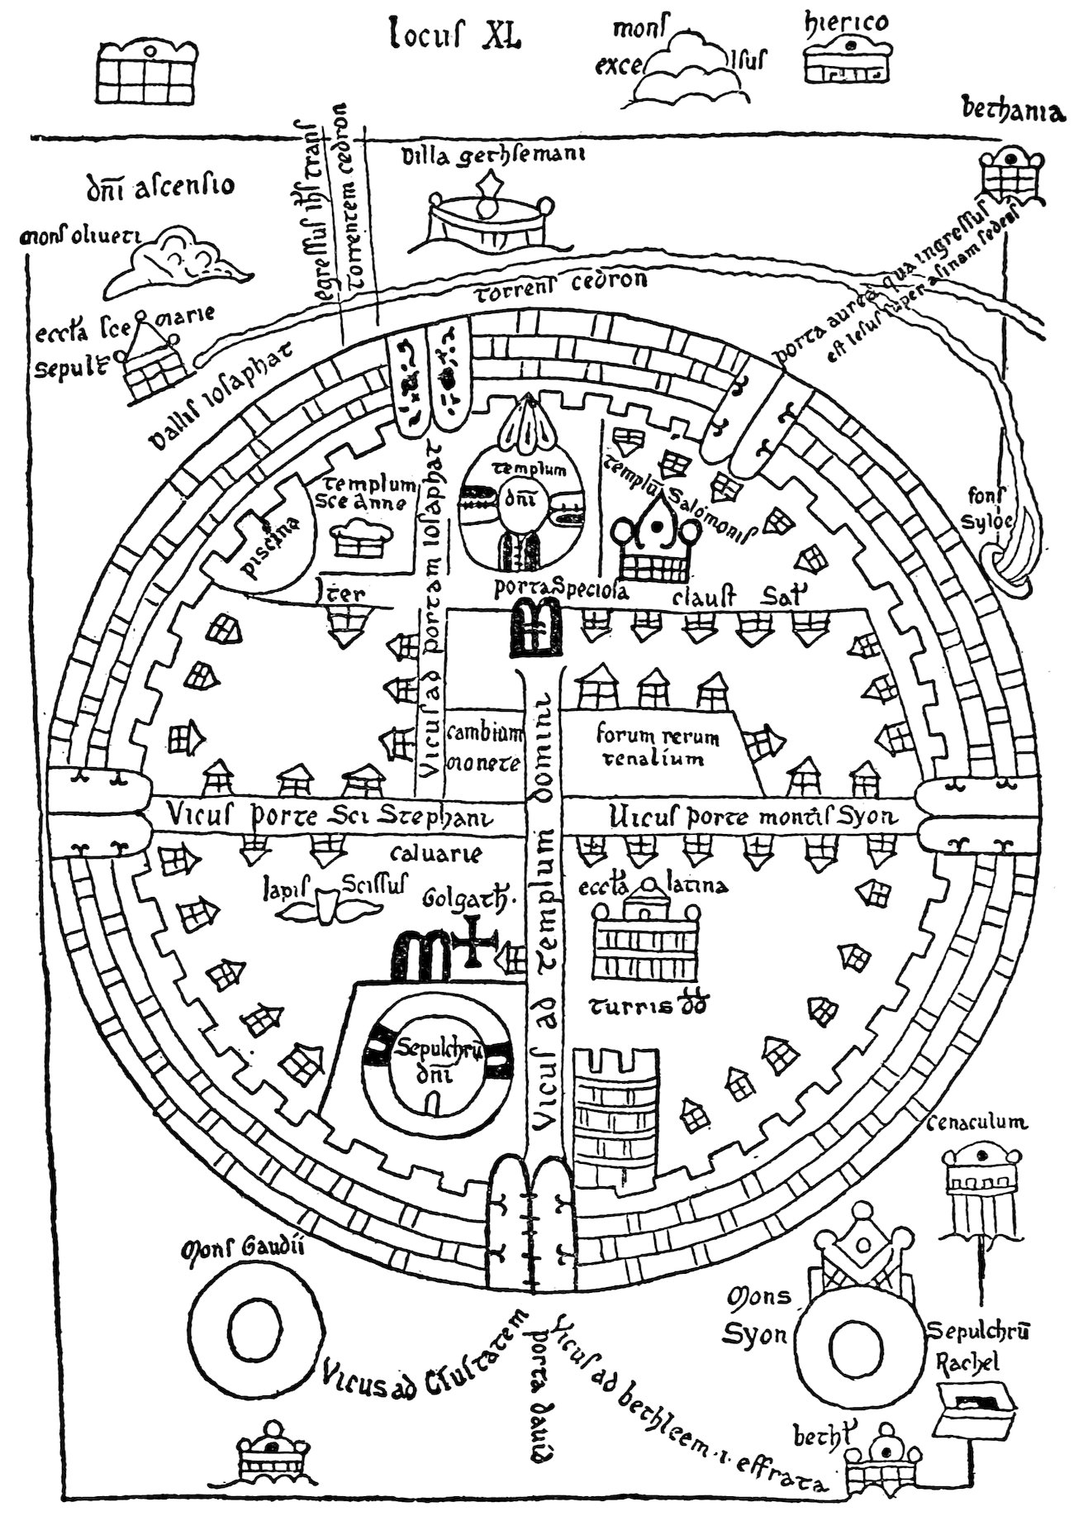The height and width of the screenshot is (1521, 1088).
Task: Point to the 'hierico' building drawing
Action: click(847, 60)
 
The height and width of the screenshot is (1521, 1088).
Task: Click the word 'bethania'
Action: click(1012, 110)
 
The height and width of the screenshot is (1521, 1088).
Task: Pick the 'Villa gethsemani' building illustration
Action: click(490, 212)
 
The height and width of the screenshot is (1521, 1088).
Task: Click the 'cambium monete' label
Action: click(484, 748)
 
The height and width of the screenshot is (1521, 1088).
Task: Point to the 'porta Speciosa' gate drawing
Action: click(534, 628)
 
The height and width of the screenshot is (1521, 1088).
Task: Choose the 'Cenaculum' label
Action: click(977, 1122)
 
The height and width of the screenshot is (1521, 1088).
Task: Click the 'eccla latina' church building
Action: click(644, 936)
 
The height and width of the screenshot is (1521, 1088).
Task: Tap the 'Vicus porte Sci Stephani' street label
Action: click(329, 817)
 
